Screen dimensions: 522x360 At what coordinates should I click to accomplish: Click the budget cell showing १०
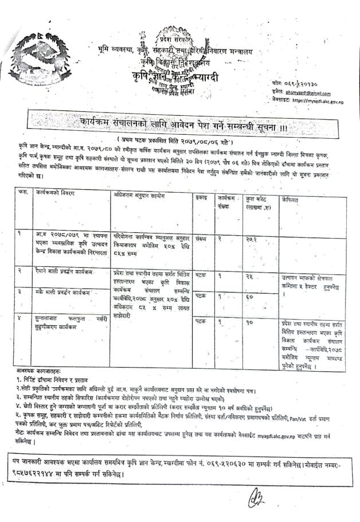click(x=250, y=322)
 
